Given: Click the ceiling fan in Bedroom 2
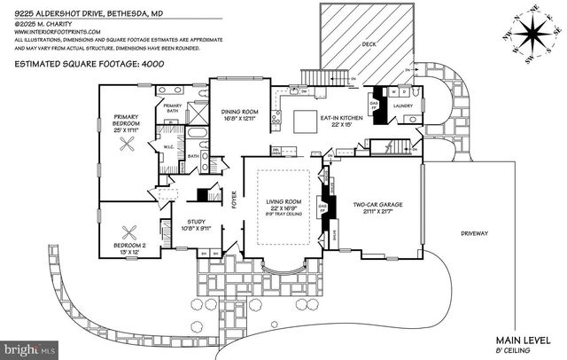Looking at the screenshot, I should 131,232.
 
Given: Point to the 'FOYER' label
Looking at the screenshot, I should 235,206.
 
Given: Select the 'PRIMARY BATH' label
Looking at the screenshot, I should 172,107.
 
